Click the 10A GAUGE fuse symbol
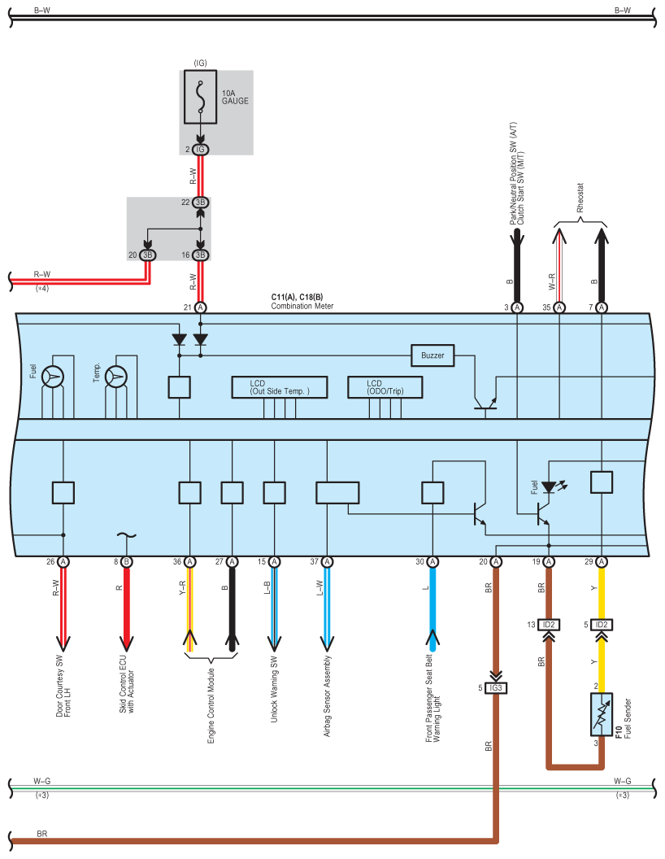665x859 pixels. pyautogui.click(x=200, y=97)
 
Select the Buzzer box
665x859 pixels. pyautogui.click(x=432, y=355)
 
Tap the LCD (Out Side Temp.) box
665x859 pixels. pyautogui.click(x=280, y=387)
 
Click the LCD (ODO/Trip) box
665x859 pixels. pyautogui.click(x=385, y=387)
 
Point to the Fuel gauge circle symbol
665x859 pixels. pyautogui.click(x=53, y=377)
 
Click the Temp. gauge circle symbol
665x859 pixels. pyautogui.click(x=116, y=377)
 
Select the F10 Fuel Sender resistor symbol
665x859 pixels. pyautogui.click(x=602, y=714)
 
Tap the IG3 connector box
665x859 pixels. pyautogui.click(x=496, y=687)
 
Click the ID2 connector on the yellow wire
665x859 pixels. pyautogui.click(x=602, y=625)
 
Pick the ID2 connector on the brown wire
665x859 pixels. pyautogui.click(x=549, y=625)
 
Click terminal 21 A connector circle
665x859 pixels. pyautogui.click(x=201, y=307)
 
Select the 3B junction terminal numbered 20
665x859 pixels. pyautogui.click(x=148, y=255)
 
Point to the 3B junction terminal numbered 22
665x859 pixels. pyautogui.click(x=201, y=203)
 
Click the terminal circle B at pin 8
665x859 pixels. pyautogui.click(x=127, y=561)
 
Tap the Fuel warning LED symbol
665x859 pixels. pyautogui.click(x=549, y=486)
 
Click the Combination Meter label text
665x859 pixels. pyautogui.click(x=302, y=306)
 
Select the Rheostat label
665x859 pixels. pyautogui.click(x=580, y=198)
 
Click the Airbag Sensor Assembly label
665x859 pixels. pyautogui.click(x=328, y=695)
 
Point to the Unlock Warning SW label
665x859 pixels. pyautogui.click(x=274, y=689)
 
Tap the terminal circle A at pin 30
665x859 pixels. pyautogui.click(x=432, y=561)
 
